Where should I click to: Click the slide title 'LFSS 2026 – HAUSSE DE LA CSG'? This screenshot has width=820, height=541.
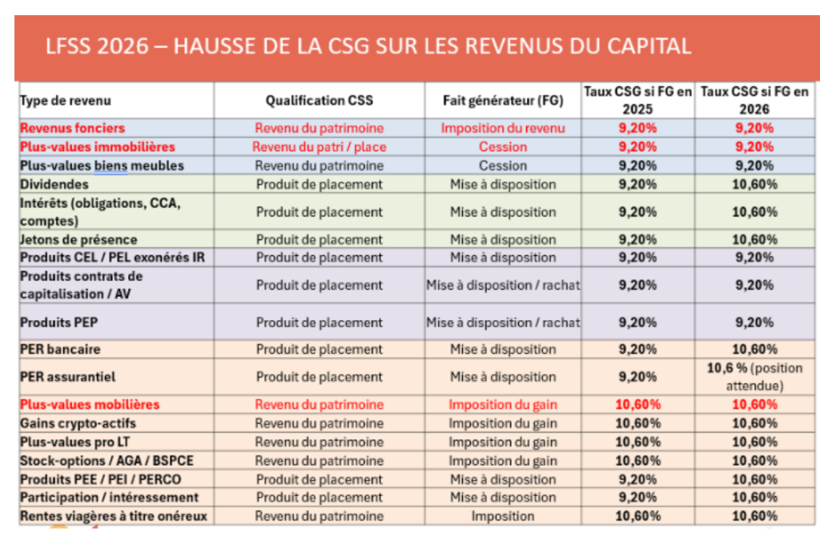[368, 46]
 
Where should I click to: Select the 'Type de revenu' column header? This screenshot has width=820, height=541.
[66, 101]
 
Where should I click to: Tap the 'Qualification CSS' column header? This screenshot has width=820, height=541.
[320, 101]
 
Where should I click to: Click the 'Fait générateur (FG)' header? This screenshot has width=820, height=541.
[503, 101]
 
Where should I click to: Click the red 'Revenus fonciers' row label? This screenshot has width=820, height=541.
[73, 128]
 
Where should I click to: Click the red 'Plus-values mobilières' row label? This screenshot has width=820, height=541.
[90, 405]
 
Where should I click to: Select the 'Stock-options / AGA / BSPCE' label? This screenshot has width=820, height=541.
[107, 461]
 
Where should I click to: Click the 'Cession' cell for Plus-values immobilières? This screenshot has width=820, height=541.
[503, 147]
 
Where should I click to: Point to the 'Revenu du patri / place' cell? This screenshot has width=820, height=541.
[320, 147]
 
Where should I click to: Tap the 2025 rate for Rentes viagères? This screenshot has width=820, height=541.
[637, 516]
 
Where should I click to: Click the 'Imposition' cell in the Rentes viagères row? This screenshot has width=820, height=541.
[503, 516]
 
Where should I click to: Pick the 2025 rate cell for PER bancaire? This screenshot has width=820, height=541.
[637, 350]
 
